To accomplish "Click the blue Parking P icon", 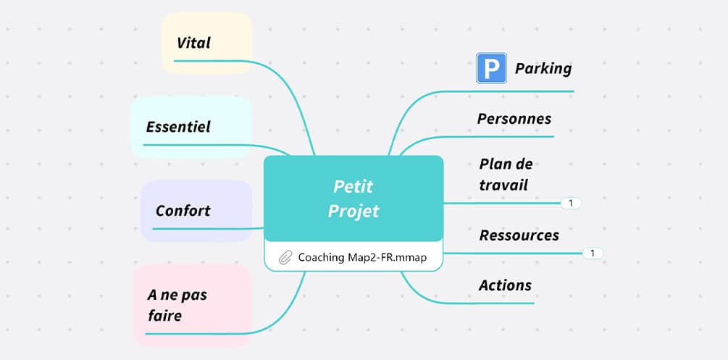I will [x=491, y=68].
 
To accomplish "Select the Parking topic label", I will [x=543, y=69].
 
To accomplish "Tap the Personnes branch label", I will [x=514, y=119].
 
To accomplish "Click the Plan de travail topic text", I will [x=506, y=175].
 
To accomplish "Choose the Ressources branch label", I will [x=519, y=235].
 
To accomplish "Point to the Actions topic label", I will [x=505, y=285].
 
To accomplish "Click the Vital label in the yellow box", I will [x=193, y=43].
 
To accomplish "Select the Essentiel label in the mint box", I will [x=178, y=127].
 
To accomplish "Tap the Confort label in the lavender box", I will [x=183, y=211].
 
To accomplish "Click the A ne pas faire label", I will [x=177, y=305].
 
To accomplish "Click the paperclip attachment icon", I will [x=285, y=257].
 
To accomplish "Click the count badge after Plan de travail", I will [x=571, y=204].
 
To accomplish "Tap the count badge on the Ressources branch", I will [x=593, y=254].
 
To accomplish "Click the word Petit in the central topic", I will [x=353, y=186].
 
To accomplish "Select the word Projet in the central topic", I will [x=353, y=211].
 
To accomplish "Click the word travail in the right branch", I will [x=503, y=185].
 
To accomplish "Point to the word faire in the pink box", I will [x=164, y=316].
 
